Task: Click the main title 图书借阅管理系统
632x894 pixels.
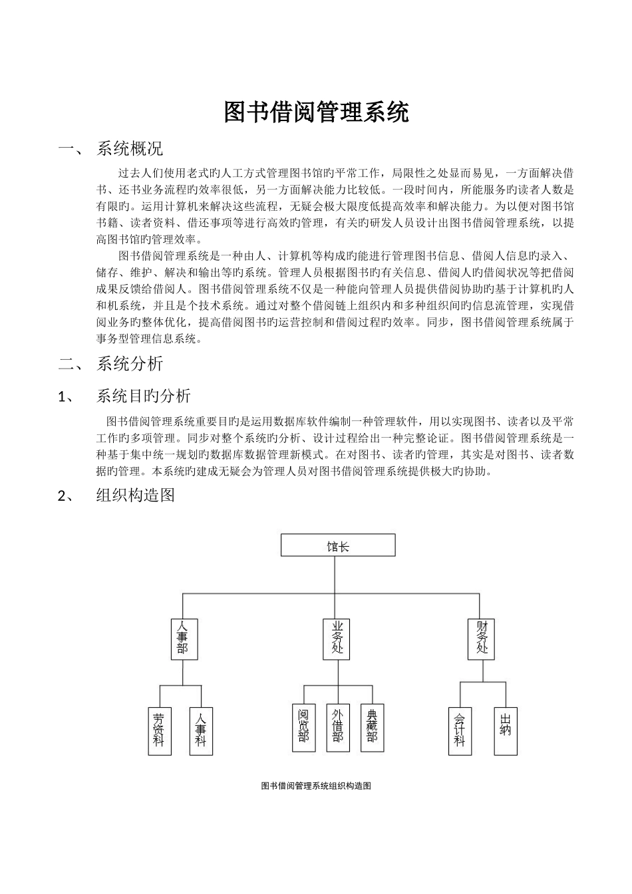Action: (316, 113)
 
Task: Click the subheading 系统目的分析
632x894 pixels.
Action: (143, 396)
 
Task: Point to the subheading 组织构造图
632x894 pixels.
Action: (135, 495)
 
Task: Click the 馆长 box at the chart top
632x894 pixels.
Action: (338, 545)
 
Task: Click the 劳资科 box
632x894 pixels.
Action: (159, 730)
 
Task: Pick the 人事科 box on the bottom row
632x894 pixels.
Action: (202, 730)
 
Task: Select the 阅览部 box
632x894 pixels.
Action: (304, 728)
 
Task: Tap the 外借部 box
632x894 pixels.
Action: (338, 728)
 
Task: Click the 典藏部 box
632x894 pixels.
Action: (372, 728)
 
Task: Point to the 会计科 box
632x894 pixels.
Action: (460, 730)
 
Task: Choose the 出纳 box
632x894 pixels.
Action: (506, 730)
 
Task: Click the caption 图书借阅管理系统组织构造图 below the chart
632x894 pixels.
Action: (316, 786)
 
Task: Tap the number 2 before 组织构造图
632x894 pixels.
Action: (63, 496)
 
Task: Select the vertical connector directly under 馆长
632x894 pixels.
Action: (338, 573)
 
